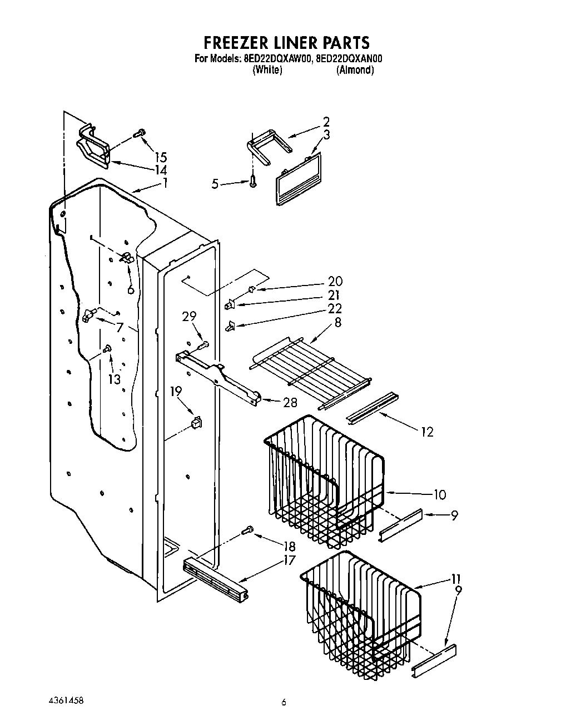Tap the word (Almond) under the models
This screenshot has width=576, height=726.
coord(355,70)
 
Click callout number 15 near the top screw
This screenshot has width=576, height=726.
coord(161,157)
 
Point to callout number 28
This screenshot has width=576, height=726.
coord(290,403)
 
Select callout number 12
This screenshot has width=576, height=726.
coord(426,432)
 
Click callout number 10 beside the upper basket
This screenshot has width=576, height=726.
coord(439,494)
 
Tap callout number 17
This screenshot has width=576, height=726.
coord(289,560)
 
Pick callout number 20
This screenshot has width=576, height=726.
coord(335,282)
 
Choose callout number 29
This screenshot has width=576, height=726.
coord(189,317)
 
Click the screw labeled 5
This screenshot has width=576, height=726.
coord(254,181)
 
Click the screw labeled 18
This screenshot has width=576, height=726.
coord(248,531)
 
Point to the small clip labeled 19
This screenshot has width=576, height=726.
coord(196,424)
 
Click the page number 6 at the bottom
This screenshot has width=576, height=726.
coord(284,703)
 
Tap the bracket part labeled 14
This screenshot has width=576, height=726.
coord(92,147)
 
